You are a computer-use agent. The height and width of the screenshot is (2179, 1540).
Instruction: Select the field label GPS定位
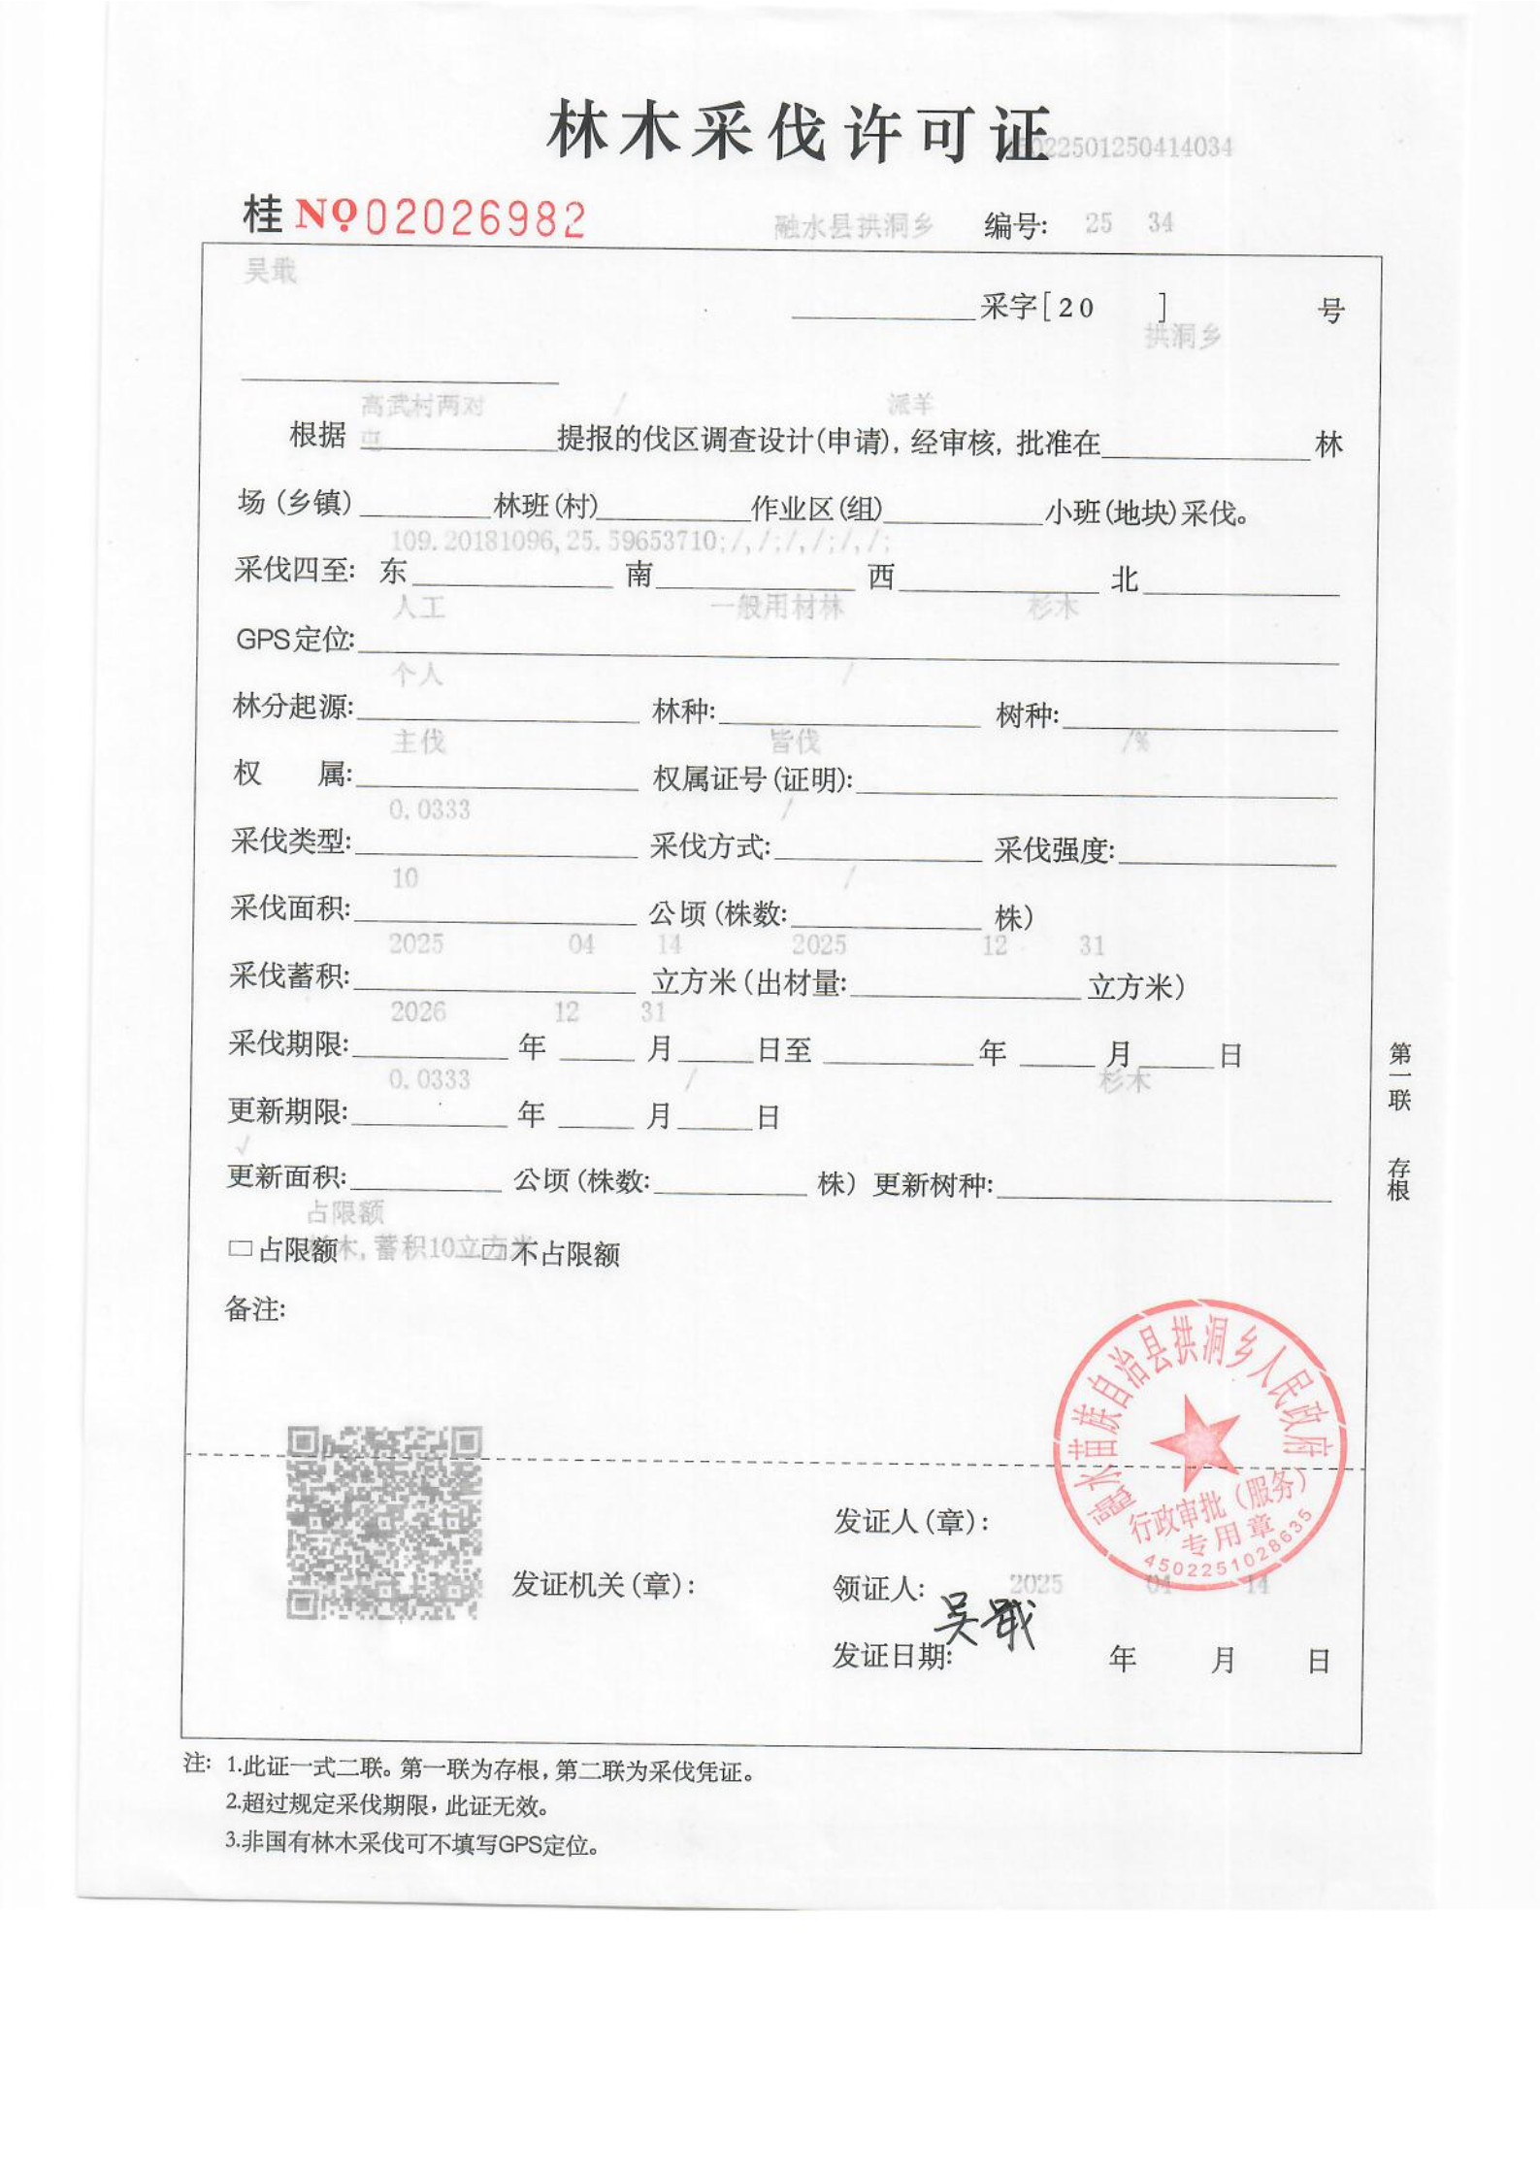(294, 640)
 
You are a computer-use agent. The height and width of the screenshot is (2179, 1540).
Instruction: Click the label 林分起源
(292, 707)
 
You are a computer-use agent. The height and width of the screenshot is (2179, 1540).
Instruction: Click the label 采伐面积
(289, 908)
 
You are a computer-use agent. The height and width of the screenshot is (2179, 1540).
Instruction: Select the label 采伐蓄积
(288, 975)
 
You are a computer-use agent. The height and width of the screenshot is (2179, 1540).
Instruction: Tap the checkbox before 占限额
(239, 1249)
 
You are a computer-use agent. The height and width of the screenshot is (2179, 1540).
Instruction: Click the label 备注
(254, 1309)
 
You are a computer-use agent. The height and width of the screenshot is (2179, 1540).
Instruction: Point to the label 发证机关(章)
(603, 1586)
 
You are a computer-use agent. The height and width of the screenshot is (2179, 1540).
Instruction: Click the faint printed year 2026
(417, 1012)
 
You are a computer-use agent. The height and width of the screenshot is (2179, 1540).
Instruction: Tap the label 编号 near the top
(1015, 226)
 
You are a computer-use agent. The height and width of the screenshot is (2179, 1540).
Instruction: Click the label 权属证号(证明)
(752, 778)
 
